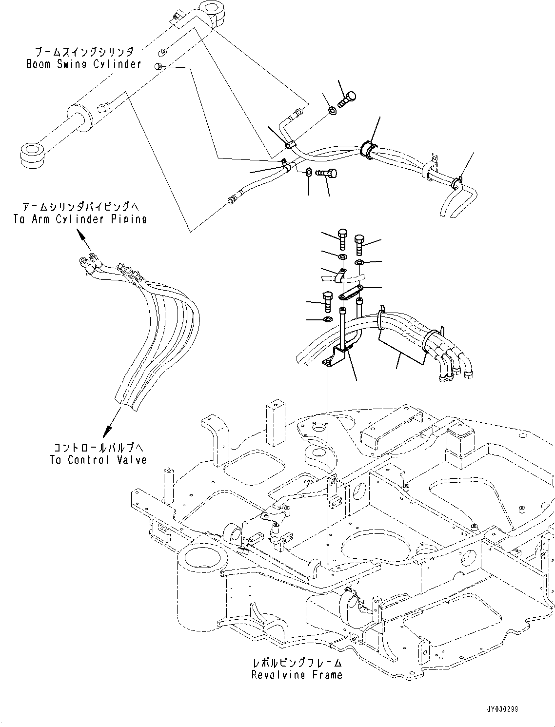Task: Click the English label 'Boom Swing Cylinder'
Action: (x=83, y=64)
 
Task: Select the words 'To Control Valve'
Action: (x=98, y=459)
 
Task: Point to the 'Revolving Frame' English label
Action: (x=297, y=675)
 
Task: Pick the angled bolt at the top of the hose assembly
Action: (x=345, y=100)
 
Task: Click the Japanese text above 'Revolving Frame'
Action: (x=297, y=663)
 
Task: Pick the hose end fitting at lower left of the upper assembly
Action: (x=232, y=198)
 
